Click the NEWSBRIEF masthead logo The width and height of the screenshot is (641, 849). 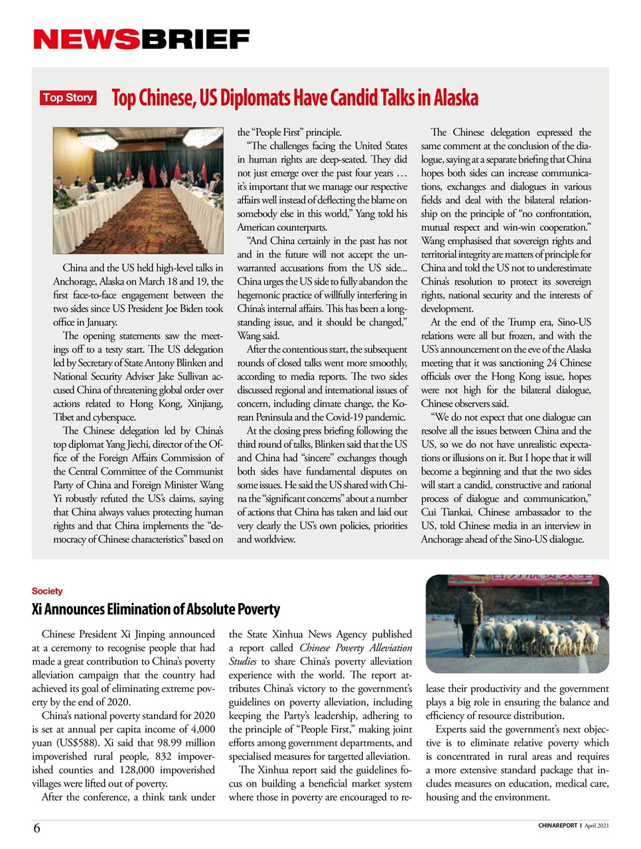[x=141, y=40]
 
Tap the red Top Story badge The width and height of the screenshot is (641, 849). [x=68, y=98]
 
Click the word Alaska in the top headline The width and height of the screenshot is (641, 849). [x=456, y=98]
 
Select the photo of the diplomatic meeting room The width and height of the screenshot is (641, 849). [x=138, y=191]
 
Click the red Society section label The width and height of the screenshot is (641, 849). [x=47, y=591]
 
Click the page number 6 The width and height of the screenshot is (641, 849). [x=36, y=828]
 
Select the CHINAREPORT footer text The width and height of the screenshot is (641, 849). [x=557, y=826]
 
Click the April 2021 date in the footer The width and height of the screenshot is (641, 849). [x=596, y=826]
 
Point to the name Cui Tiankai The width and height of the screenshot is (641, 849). [x=447, y=512]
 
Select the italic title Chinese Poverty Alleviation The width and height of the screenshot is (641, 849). [x=356, y=648]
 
